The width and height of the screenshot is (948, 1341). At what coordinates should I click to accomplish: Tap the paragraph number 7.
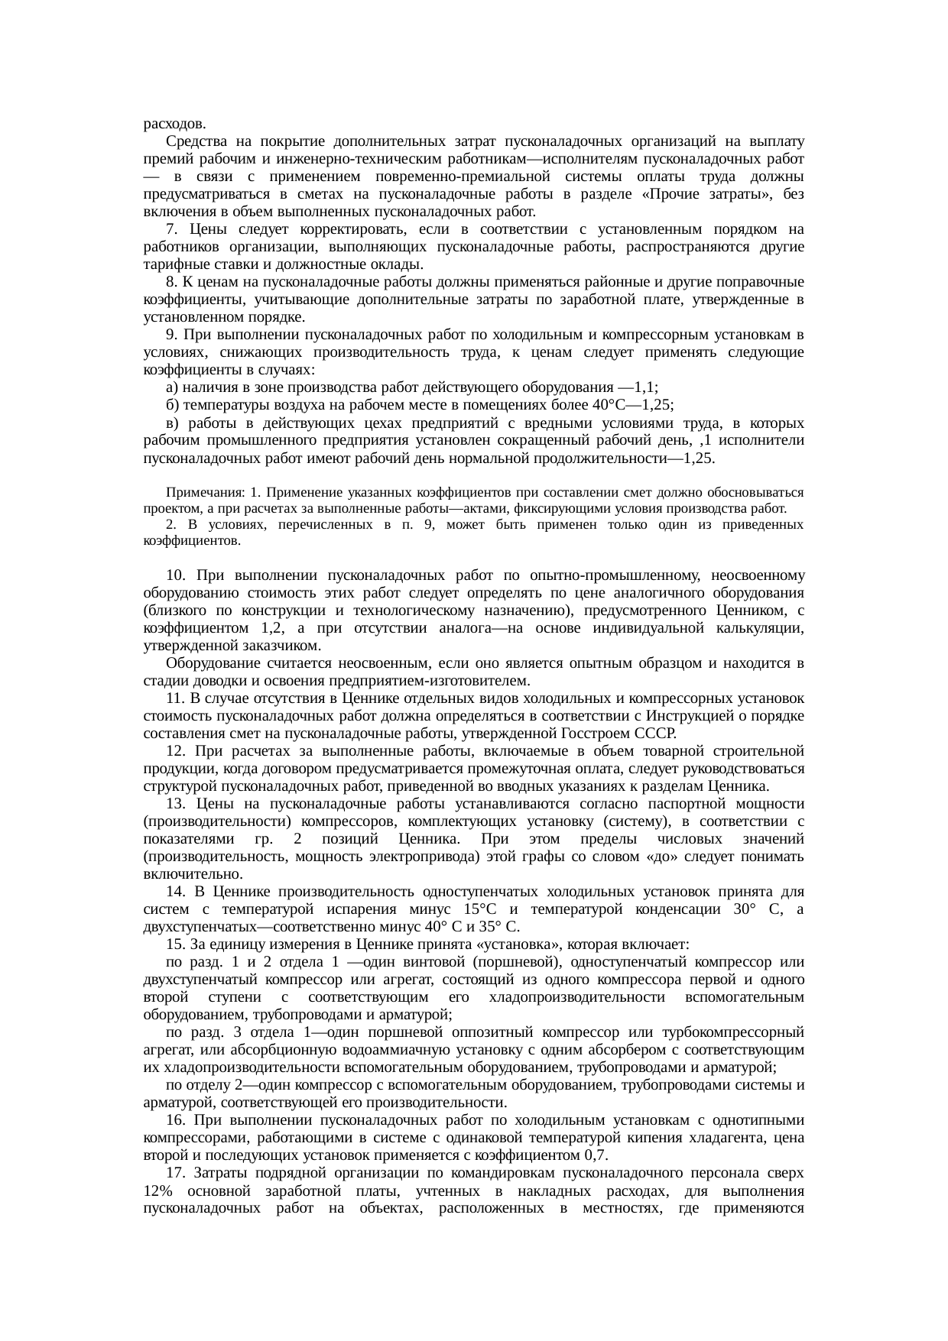click(172, 229)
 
